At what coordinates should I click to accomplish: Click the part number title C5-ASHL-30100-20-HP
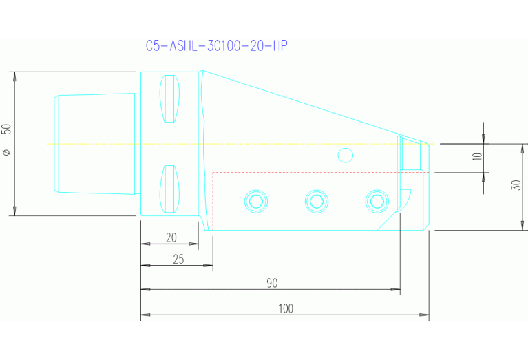click(216, 46)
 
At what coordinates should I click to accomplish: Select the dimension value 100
click(284, 308)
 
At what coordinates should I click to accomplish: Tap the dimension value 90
click(271, 283)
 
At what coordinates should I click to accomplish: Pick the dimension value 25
click(178, 259)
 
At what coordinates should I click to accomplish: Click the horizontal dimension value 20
click(171, 237)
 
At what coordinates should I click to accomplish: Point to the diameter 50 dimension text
click(7, 142)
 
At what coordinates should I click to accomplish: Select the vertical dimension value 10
click(477, 157)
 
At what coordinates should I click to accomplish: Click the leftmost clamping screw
click(256, 200)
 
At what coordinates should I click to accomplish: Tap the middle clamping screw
click(316, 200)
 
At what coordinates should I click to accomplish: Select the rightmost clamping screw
click(376, 200)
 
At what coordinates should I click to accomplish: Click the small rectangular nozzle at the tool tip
click(411, 153)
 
